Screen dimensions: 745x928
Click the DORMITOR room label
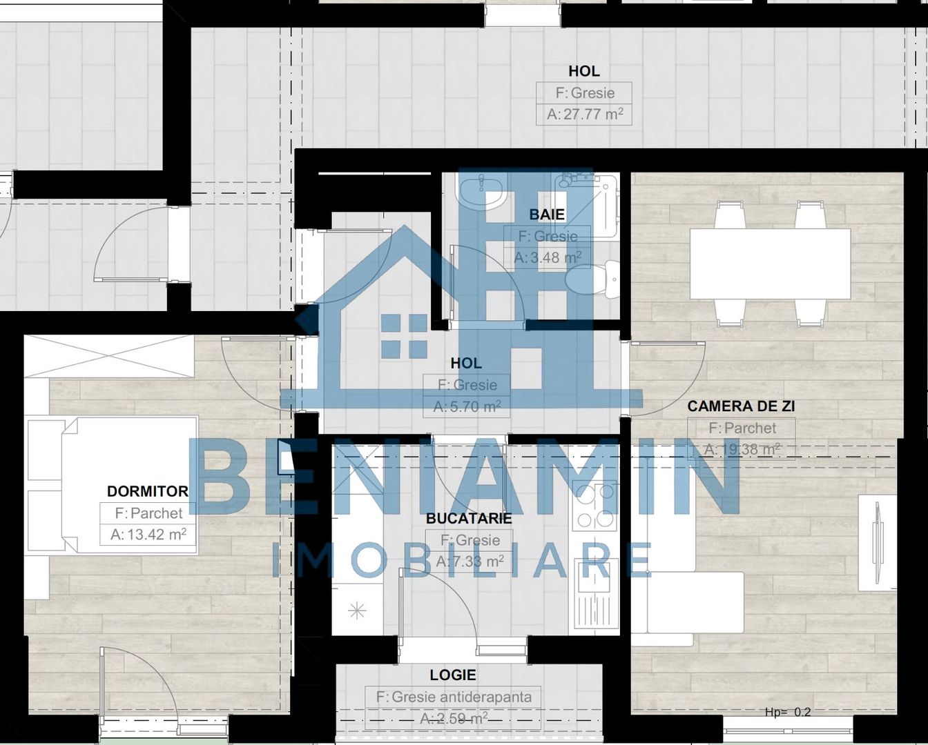click(147, 491)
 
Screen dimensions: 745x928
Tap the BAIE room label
click(547, 215)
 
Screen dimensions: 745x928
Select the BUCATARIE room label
click(469, 518)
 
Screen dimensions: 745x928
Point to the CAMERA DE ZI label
click(741, 406)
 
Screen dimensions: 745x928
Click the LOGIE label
click(453, 675)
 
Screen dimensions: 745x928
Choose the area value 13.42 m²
click(148, 535)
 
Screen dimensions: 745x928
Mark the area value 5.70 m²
click(467, 407)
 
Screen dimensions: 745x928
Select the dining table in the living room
click(770, 264)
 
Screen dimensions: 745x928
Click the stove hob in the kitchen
click(594, 507)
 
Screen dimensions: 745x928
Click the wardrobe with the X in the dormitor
click(109, 356)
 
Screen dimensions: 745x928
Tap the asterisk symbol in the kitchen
click(357, 610)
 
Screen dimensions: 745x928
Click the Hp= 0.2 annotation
click(788, 712)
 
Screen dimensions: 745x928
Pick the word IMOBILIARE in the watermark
click(461, 560)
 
